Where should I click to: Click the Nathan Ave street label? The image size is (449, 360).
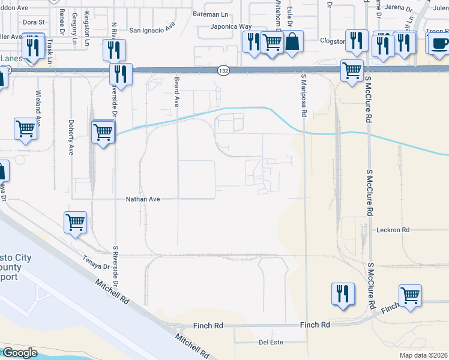pos(143,199)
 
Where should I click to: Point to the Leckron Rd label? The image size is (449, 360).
pos(393,230)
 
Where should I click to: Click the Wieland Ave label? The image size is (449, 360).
pos(38,106)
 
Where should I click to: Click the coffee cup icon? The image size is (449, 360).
pos(440,43)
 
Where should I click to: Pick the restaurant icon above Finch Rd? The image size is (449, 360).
pos(342,293)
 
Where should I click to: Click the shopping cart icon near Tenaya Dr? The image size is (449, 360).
pos(75,221)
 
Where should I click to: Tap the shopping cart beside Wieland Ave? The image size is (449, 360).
pos(26,128)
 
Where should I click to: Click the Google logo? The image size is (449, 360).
pos(20,353)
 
